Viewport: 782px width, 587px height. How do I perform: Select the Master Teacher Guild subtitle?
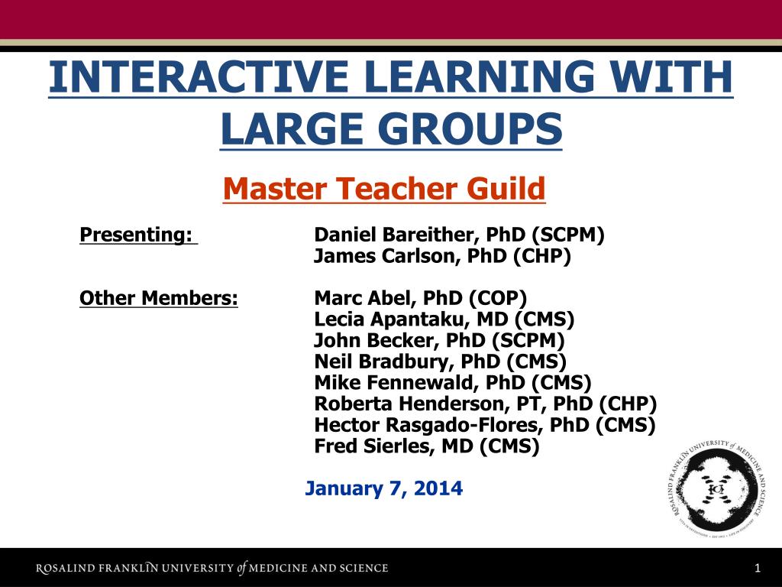[384, 188]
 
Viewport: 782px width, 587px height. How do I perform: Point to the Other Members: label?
[159, 298]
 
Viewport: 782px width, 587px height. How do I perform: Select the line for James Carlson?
[442, 255]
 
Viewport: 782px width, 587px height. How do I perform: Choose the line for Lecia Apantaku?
[444, 319]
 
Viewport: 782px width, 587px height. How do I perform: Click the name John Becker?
[376, 340]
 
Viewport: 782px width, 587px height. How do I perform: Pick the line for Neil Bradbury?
[441, 362]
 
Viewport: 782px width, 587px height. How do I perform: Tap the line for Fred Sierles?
[427, 446]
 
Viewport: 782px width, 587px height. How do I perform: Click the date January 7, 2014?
[383, 488]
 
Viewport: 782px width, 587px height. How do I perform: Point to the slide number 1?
[758, 568]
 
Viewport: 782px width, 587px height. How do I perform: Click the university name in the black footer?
[212, 568]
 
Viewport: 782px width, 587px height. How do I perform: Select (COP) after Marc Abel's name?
[498, 299]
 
